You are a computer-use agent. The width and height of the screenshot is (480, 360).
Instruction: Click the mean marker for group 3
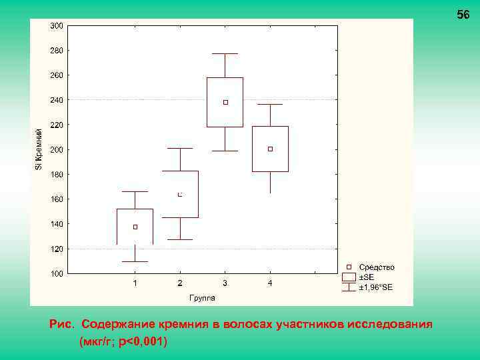(225, 102)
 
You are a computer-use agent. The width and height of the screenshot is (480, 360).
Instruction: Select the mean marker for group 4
(270, 149)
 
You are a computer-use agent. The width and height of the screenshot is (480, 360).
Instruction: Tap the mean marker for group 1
(135, 227)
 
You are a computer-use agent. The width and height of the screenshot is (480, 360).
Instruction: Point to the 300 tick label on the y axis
(57, 26)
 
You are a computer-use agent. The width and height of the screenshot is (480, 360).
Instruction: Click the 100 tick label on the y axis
(57, 273)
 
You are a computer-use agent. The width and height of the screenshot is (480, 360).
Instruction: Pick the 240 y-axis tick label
(57, 100)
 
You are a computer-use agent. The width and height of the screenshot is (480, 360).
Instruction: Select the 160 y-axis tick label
(57, 199)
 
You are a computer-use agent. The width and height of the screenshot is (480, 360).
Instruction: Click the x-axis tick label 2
(180, 283)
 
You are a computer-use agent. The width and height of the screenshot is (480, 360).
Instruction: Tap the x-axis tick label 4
(270, 283)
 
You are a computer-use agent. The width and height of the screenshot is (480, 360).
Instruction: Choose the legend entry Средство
(377, 267)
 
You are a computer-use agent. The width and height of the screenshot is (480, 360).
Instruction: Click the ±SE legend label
(367, 277)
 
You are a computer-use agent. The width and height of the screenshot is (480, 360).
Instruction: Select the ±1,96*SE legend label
(376, 287)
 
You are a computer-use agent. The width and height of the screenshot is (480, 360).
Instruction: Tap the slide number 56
(463, 15)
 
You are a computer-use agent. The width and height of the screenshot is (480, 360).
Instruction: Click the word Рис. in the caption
(63, 324)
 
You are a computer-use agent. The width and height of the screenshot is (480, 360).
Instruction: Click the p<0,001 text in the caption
(141, 341)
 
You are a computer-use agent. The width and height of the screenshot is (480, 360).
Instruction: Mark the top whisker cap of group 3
(225, 53)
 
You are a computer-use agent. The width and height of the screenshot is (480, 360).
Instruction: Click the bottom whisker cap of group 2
(180, 239)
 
